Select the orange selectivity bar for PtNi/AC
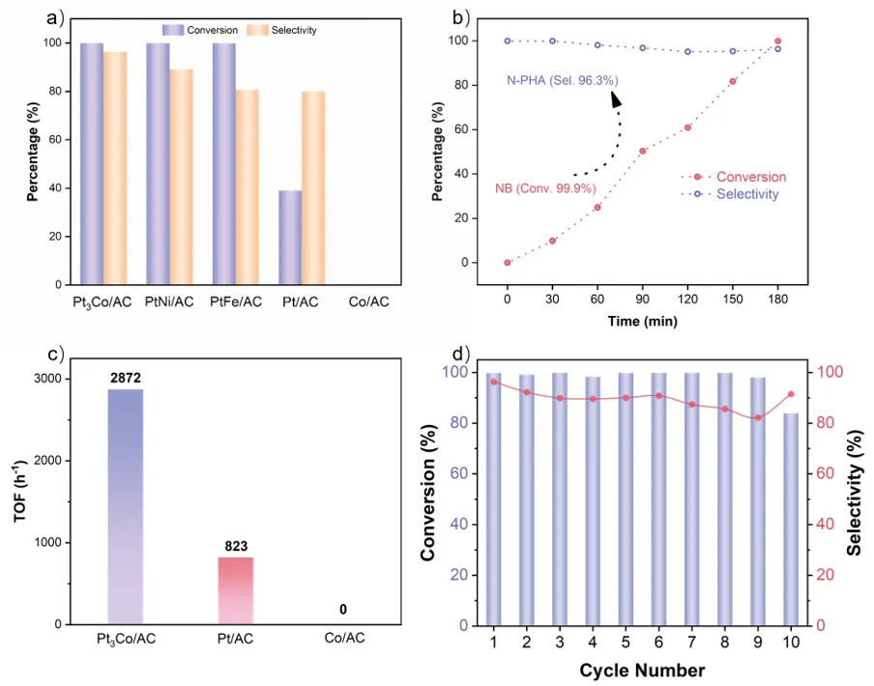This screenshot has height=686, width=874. coord(181,174)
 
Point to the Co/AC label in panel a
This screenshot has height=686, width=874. coord(368,302)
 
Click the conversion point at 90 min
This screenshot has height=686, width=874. coord(643,151)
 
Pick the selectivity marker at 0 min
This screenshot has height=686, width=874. coord(507,41)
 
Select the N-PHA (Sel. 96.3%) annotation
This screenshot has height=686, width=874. coord(562,80)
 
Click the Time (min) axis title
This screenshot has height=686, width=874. coord(643,321)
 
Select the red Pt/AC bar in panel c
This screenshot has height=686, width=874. coord(230,590)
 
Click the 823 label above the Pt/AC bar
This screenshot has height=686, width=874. coord(230,547)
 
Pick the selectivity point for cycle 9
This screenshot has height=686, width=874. coord(758,417)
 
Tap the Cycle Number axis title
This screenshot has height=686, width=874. coord(643,670)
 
